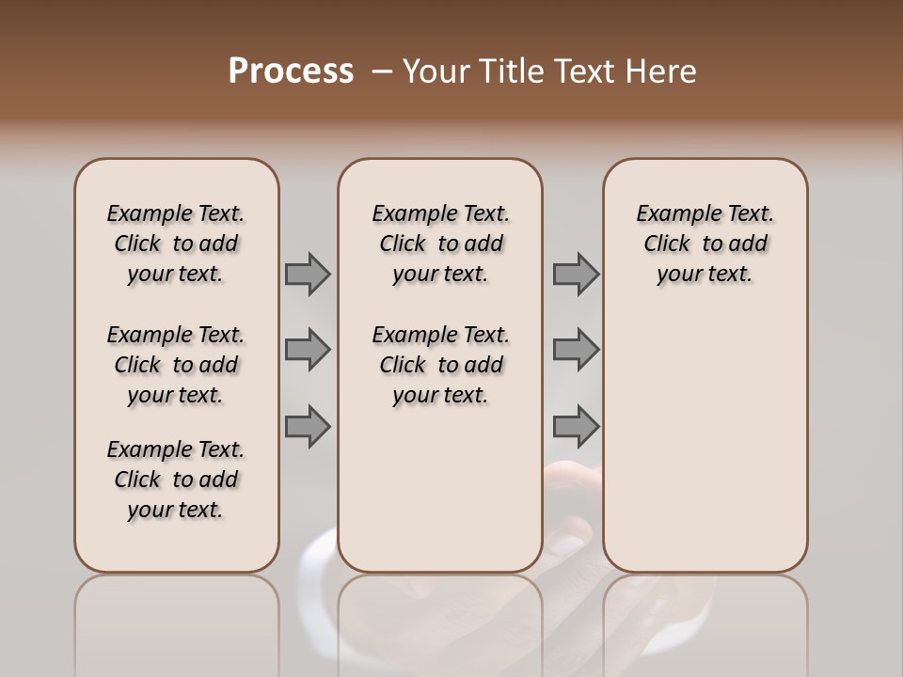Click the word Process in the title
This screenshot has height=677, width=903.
(291, 71)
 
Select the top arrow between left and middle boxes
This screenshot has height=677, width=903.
(308, 275)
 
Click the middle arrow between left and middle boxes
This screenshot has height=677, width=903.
(308, 350)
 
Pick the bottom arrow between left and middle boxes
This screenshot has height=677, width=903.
(308, 426)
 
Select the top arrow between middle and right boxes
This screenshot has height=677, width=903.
(576, 275)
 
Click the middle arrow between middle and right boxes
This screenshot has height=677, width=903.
(576, 350)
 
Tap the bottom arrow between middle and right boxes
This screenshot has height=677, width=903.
(576, 426)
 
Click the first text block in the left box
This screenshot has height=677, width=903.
(176, 244)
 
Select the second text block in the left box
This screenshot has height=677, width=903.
(176, 365)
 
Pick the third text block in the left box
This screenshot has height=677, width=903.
(176, 480)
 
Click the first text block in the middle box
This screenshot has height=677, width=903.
(440, 244)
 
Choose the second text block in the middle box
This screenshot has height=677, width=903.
(440, 365)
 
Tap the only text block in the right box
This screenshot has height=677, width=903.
(705, 244)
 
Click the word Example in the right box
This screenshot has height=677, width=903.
(672, 214)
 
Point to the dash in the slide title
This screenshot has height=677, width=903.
(382, 71)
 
